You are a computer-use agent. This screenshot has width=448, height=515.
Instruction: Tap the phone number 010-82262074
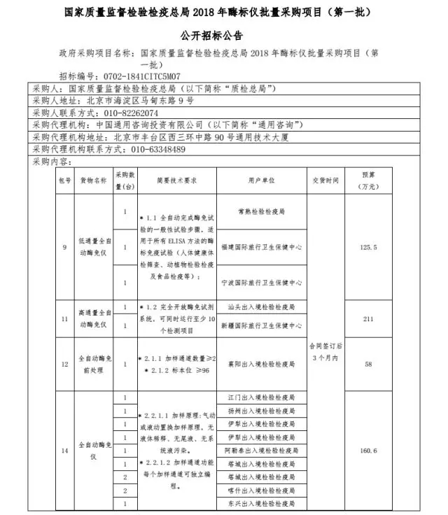pos(130,112)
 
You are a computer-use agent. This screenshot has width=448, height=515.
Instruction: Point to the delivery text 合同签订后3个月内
pos(326,351)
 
